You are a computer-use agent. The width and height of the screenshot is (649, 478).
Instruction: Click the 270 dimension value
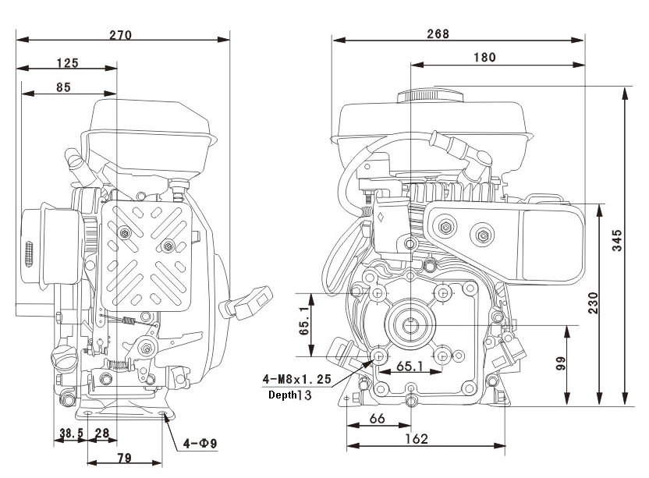click(x=120, y=35)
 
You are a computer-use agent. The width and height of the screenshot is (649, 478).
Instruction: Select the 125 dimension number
click(x=67, y=63)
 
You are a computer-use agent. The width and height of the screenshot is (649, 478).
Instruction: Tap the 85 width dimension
click(x=63, y=87)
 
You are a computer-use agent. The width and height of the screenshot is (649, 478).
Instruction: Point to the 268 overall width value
click(x=438, y=34)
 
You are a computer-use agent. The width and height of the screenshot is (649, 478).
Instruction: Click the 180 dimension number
click(x=484, y=57)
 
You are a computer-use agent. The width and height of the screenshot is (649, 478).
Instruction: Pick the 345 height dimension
click(x=617, y=240)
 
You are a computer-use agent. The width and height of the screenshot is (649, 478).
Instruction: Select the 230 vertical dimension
click(x=593, y=303)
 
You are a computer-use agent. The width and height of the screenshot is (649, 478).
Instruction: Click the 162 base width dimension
click(x=417, y=439)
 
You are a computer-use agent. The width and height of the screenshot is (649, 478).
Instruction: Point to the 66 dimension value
click(x=377, y=419)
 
